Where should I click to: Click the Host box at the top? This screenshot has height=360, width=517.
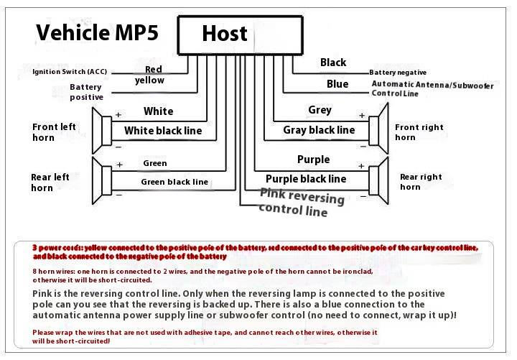pos(238,34)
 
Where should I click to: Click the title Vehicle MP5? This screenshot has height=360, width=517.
pos(97,32)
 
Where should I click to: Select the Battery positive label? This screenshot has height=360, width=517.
pos(86,92)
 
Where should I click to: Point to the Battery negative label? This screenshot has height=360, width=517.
pos(398,73)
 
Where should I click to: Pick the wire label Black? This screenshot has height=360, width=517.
pos(333,63)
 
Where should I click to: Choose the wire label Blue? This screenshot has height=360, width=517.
pos(337,84)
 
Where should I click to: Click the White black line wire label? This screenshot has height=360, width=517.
pos(163,131)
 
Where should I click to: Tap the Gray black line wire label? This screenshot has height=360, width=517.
pos(319,130)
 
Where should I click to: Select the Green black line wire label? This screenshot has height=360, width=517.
pos(174,182)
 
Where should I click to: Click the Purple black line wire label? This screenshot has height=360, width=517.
pos(306,179)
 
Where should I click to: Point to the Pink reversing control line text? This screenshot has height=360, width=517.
pos(302,202)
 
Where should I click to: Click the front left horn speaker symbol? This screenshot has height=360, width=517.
pos(101,129)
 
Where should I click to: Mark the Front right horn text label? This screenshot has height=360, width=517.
pos(419,132)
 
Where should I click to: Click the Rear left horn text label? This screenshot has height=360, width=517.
pos(50,183)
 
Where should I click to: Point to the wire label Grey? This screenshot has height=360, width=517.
pos(320,110)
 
